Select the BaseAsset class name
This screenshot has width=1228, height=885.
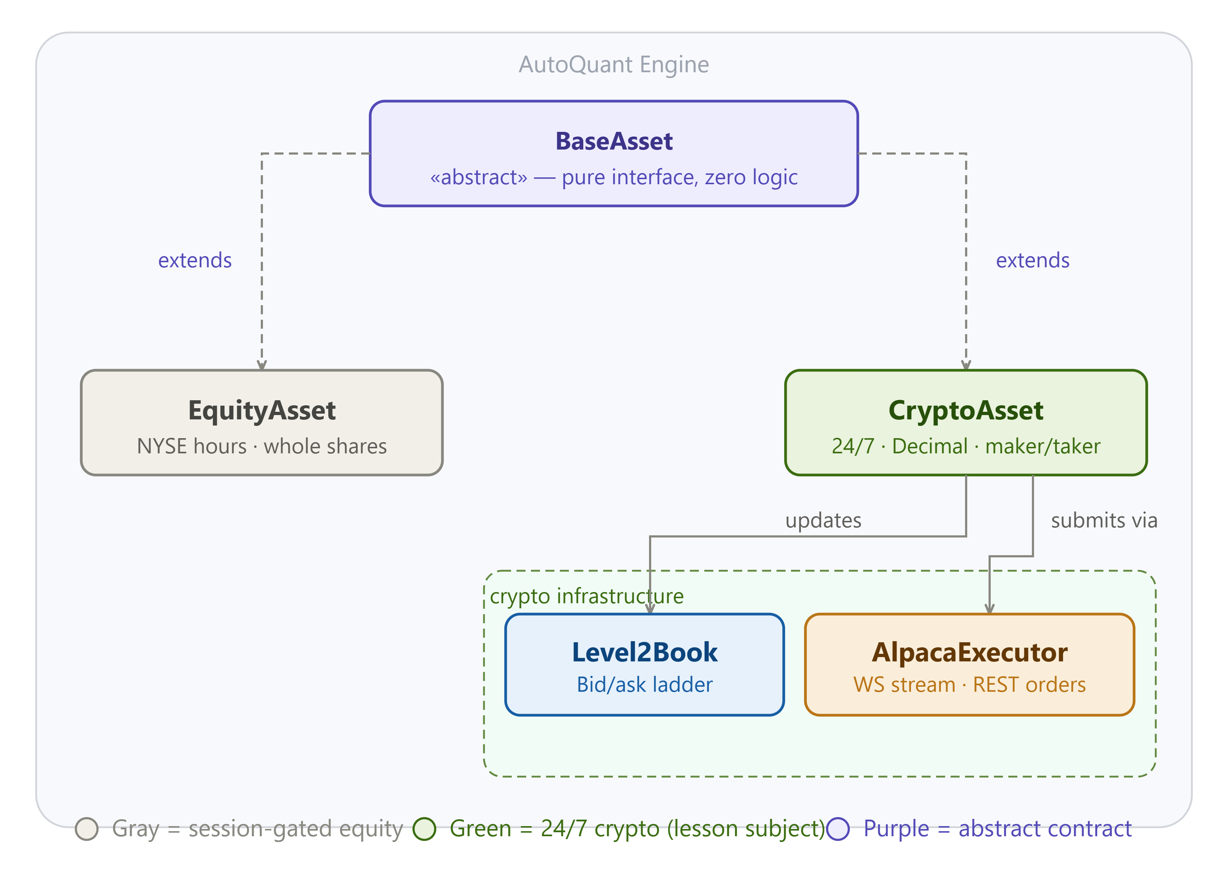point(614,141)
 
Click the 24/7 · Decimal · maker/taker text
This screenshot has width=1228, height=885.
point(965,446)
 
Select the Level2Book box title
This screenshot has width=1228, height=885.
point(644,652)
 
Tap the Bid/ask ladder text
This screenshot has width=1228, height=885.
point(644,685)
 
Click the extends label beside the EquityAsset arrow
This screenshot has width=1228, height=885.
point(195,260)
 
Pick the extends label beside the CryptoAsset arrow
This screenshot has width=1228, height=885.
point(1033,260)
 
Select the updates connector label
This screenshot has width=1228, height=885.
point(823,521)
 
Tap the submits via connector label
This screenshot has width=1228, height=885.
point(1104,521)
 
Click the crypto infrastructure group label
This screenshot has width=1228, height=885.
point(587,596)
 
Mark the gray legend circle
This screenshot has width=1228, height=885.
point(87,829)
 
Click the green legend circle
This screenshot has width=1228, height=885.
point(424,829)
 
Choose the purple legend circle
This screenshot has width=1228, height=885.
point(838,829)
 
